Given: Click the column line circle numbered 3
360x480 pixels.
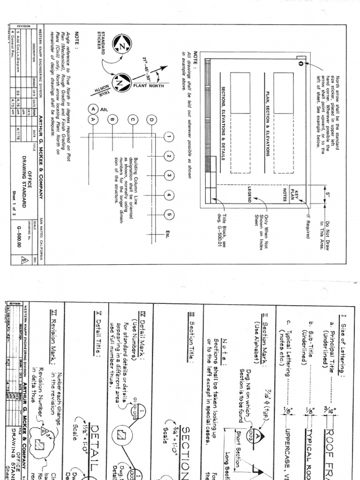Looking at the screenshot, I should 170,175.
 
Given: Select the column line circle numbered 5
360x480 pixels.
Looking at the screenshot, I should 170,215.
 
